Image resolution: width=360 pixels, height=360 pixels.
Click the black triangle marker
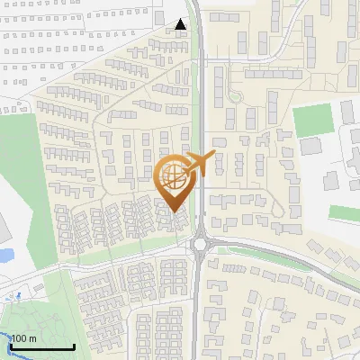(x=181, y=25)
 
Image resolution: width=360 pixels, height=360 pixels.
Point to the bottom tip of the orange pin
(x=174, y=213)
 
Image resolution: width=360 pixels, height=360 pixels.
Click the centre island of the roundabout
(x=201, y=243)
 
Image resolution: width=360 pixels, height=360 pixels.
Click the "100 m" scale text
(x=23, y=338)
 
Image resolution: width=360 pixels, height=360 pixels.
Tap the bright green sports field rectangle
(x=312, y=120)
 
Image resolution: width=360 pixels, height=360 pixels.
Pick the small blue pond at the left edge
(x=4, y=255)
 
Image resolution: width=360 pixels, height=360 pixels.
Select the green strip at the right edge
(x=344, y=213)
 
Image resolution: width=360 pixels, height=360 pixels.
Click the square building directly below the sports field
(x=310, y=146)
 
